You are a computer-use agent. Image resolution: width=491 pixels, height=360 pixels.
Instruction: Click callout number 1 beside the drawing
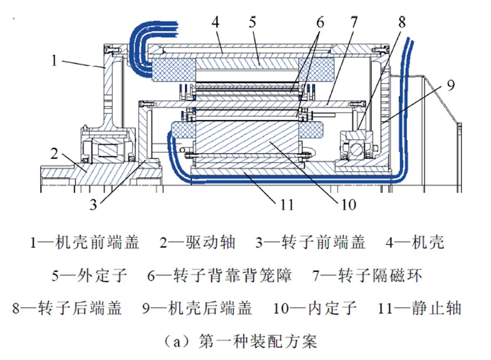tap(54, 61)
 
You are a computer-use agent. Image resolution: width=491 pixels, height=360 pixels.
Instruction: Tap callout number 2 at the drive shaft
tap(54, 154)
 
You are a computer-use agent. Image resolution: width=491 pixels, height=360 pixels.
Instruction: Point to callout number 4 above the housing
tap(215, 22)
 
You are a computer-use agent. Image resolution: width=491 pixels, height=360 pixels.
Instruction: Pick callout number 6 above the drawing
tap(320, 22)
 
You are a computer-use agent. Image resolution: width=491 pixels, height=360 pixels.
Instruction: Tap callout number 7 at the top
tap(353, 22)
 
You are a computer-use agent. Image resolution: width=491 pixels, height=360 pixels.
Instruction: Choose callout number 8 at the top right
tap(401, 22)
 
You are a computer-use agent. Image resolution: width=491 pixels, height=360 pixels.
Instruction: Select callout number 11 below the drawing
tap(286, 204)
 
